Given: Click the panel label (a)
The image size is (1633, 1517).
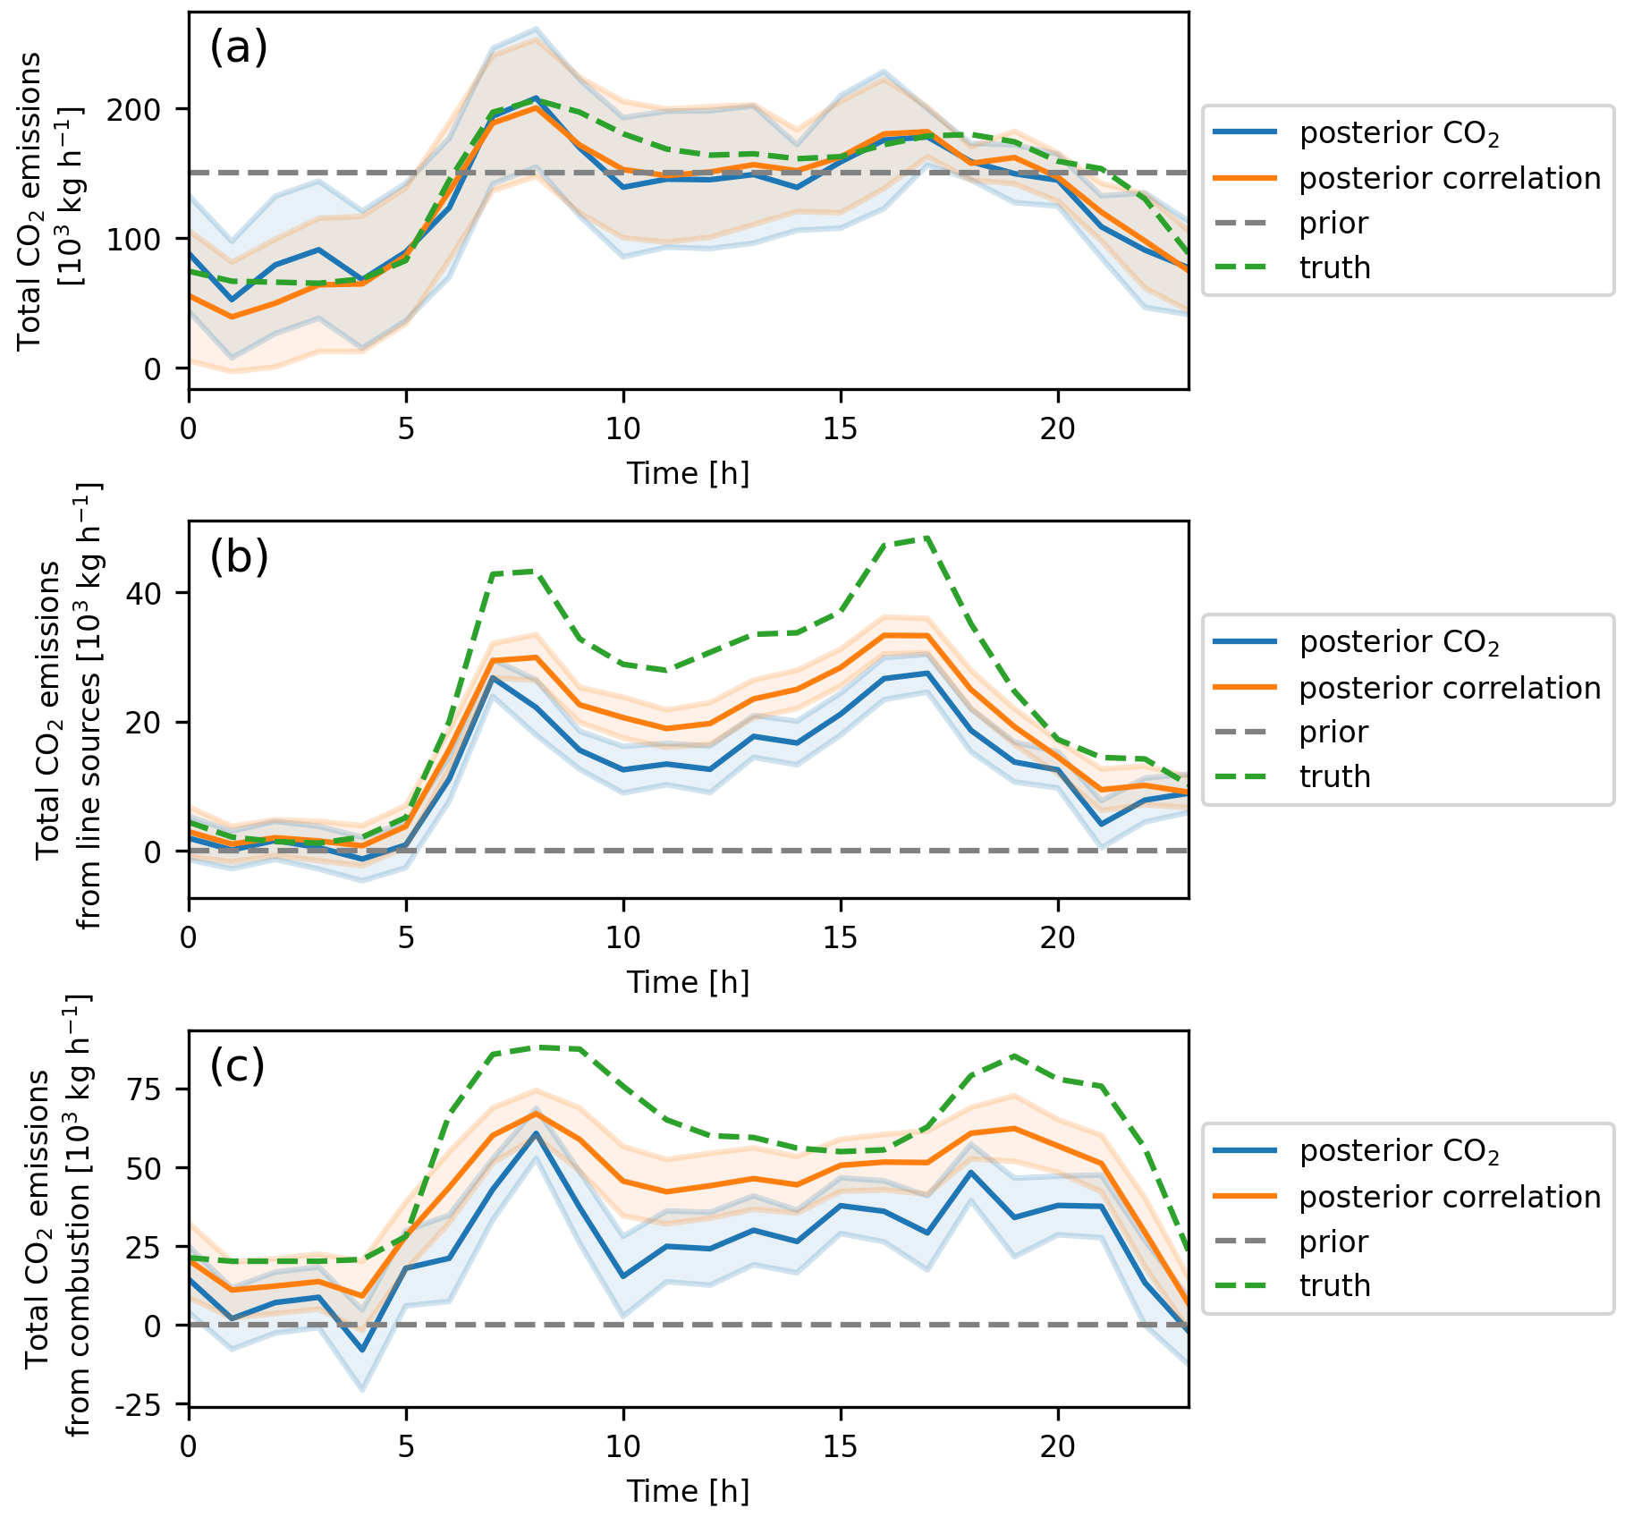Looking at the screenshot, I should coord(238,47).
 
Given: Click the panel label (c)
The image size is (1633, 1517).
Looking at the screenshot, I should coord(237,1065).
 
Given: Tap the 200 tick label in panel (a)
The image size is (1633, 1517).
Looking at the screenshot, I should coord(134,109).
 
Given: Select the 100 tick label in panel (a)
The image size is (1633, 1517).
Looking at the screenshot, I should coord(134,239).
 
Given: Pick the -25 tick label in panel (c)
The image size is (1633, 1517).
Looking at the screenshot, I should coord(138,1405).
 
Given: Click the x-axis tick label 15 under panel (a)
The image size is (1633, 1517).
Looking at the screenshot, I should coord(840,429).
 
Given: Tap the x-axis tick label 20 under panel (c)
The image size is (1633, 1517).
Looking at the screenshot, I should coord(1057,1447).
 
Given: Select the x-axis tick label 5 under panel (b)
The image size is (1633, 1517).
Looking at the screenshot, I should coord(406,938).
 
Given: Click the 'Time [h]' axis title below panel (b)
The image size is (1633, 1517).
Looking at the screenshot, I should coord(688,982).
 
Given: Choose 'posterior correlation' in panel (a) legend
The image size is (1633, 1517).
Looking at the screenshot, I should coord(1449,178).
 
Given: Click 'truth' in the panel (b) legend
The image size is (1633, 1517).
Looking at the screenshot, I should coord(1334,776).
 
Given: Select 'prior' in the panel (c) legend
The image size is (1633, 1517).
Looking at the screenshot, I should coord(1333,1242).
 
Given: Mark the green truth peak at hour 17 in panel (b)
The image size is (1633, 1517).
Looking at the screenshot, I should coord(927,538).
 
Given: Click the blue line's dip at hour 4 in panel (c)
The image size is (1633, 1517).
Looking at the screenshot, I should coord(362,1351).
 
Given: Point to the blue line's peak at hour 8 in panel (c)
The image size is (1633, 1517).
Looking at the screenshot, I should coord(536,1133).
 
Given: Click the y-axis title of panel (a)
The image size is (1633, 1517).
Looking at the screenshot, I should coord(50,200).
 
